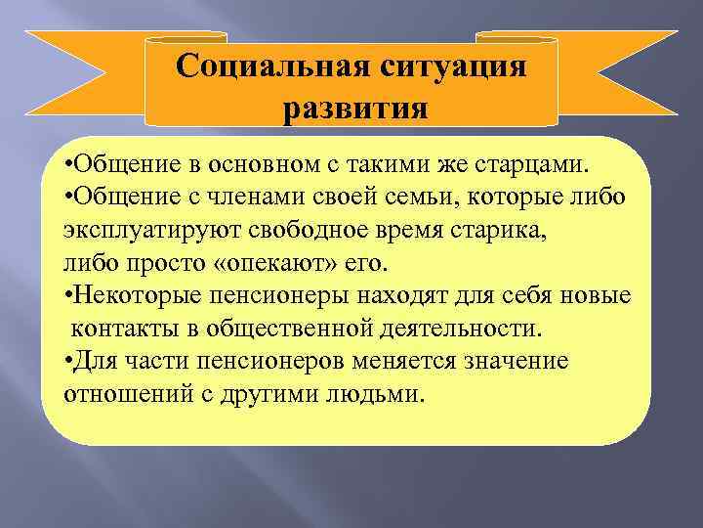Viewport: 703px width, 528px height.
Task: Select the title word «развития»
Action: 352,105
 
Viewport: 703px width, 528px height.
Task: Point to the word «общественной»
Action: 269,328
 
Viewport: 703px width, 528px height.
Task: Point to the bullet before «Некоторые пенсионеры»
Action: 66,293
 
